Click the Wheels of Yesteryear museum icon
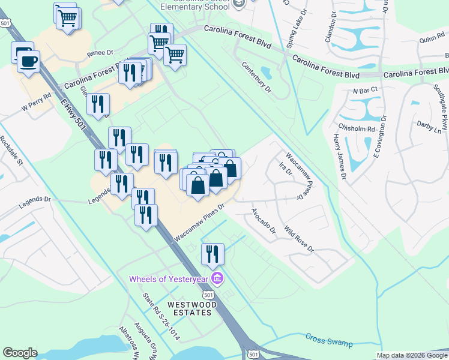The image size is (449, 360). click(217, 278)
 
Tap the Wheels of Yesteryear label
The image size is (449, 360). click(169, 279)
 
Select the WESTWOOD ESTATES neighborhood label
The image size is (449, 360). click(190, 308)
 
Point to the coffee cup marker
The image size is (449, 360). click(28, 60)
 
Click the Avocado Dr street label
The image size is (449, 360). click(263, 221)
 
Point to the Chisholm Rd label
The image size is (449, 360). click(356, 128)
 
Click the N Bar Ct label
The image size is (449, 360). click(364, 90)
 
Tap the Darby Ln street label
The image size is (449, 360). click(429, 127)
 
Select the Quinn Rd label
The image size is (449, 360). click(432, 39)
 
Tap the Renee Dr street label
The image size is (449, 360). click(100, 53)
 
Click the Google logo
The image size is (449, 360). click(20, 353)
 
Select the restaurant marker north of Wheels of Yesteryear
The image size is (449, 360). click(212, 254)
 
